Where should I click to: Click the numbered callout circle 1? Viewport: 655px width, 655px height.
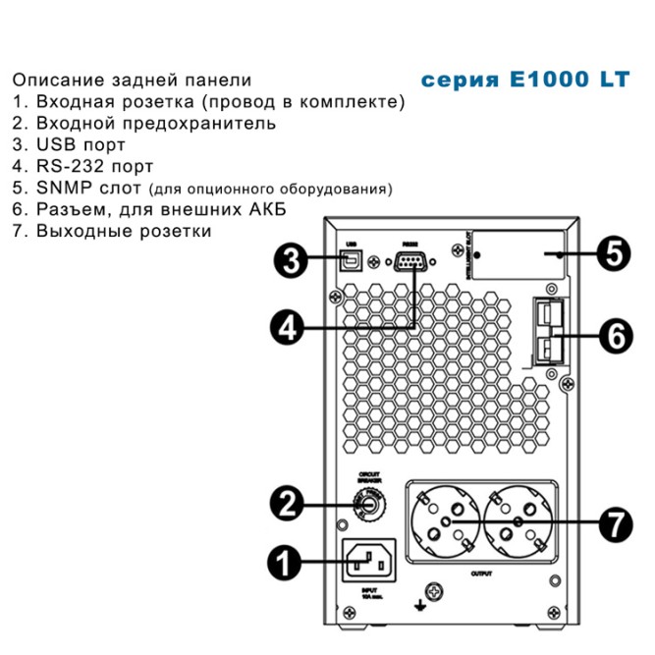(x=285, y=564)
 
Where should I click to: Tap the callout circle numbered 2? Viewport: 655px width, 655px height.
(x=285, y=505)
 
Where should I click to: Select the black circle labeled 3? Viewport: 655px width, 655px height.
(x=287, y=261)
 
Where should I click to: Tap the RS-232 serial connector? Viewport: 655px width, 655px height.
(x=410, y=260)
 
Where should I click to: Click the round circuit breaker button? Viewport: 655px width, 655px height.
(x=365, y=505)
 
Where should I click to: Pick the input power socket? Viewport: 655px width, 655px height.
(x=368, y=563)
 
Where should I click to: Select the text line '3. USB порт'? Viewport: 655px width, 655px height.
(x=76, y=145)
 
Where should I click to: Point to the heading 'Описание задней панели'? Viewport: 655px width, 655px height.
(x=132, y=80)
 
